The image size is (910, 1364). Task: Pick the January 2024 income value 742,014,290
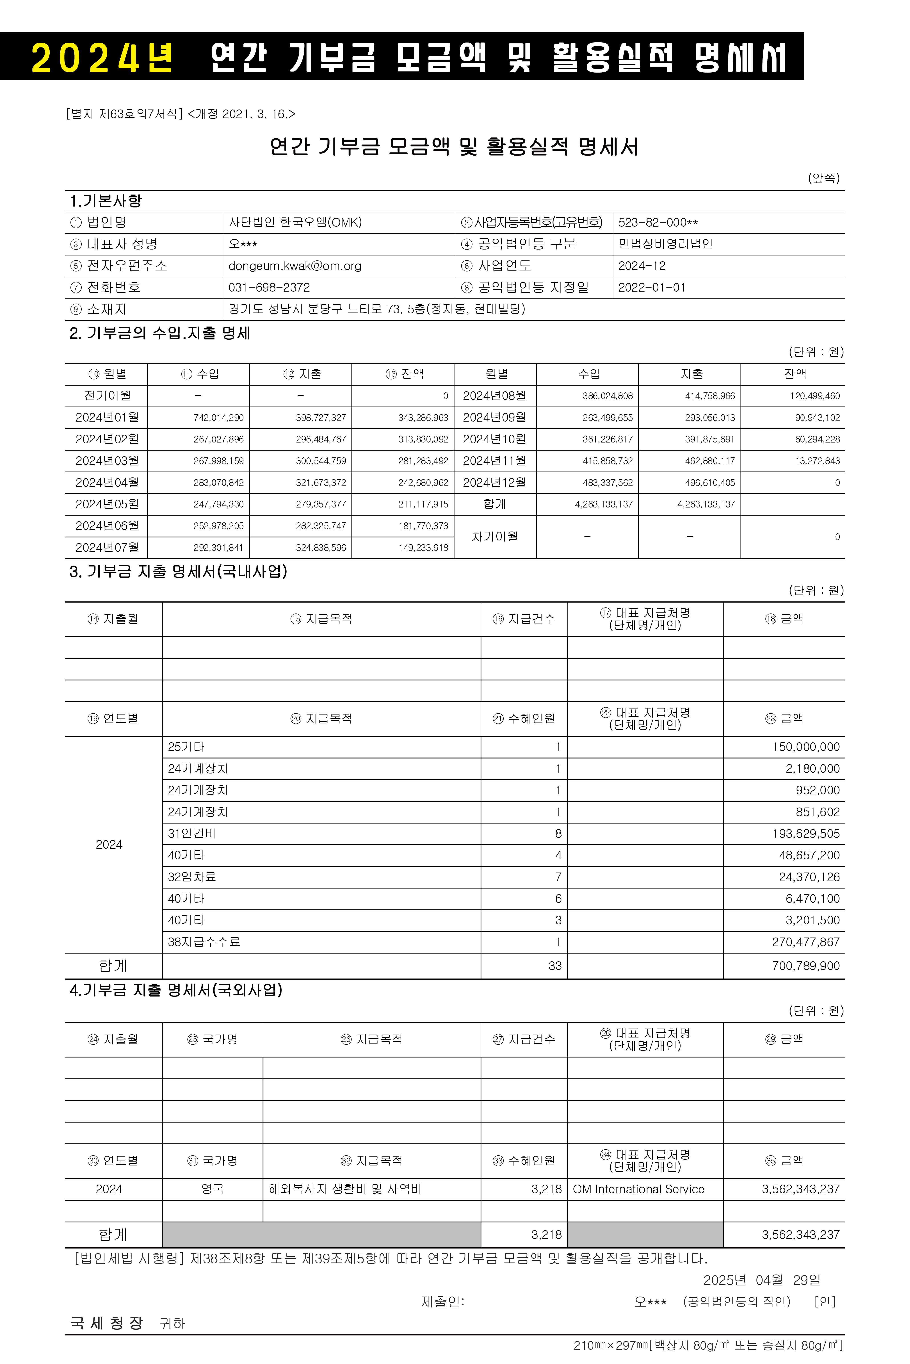219,418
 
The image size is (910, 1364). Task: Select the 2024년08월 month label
494,396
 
